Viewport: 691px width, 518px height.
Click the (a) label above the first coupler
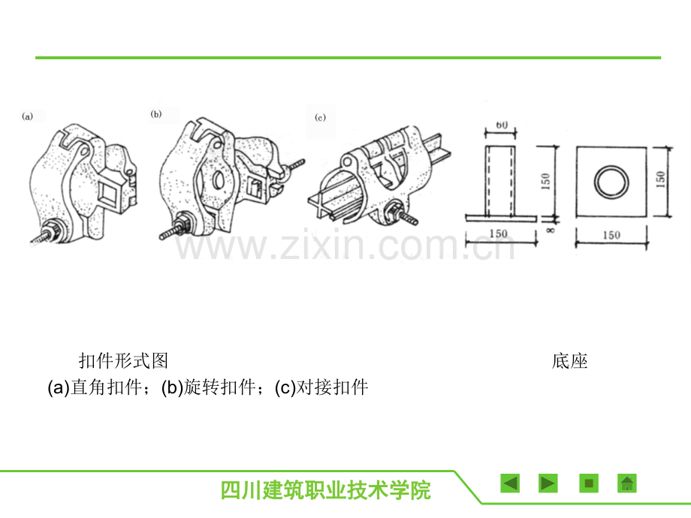point(27,116)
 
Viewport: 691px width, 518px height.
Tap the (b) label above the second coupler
point(156,114)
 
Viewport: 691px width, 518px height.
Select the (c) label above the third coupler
point(321,117)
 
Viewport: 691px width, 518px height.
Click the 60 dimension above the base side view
point(502,125)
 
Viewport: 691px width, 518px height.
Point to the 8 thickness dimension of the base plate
point(551,229)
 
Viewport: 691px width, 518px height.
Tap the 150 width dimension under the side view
point(499,233)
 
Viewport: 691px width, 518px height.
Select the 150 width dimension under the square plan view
point(611,235)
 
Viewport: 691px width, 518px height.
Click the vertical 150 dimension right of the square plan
point(660,179)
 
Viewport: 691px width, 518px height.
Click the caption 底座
point(569,361)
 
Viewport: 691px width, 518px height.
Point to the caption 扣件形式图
point(123,361)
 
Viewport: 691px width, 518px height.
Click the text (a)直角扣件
point(95,387)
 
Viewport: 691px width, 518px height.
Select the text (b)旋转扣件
point(208,387)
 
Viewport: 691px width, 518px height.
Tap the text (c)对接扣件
point(321,387)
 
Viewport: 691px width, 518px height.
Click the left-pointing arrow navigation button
point(510,483)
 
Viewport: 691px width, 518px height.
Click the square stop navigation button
point(589,483)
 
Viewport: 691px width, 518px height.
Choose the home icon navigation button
point(627,483)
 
